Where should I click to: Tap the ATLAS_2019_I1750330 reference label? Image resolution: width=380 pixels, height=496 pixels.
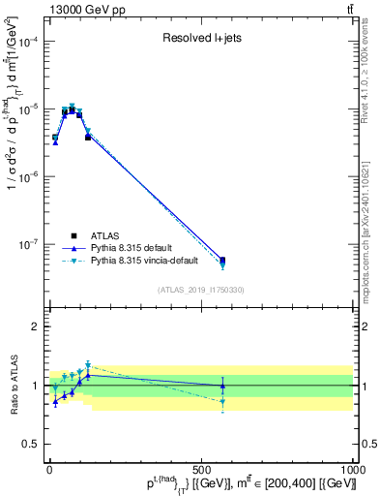tap(201, 290)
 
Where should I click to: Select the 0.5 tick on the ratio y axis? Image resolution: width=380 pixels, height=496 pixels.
tap(31, 445)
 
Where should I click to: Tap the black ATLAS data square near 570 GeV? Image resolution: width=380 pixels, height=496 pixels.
tap(222, 260)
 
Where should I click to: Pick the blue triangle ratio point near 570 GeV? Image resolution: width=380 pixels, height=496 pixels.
tap(222, 386)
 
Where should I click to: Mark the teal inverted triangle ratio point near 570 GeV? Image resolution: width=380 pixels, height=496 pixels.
tap(222, 401)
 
